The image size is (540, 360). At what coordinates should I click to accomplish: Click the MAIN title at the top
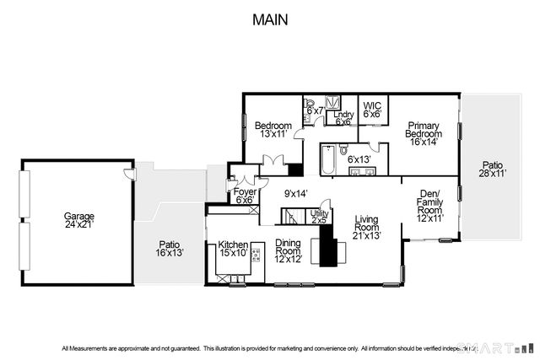269,19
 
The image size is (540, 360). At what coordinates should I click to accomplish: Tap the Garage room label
79,221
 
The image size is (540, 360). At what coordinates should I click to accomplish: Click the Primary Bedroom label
424,130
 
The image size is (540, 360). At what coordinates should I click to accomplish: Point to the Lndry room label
343,117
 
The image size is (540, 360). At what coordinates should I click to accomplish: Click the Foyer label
245,196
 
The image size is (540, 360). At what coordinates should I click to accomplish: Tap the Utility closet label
318,215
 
